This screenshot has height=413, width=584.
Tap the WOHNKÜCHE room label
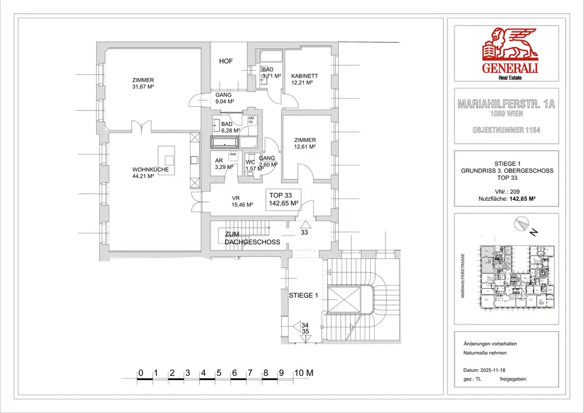pos(151,169)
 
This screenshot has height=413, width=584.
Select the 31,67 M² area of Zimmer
pos(144,87)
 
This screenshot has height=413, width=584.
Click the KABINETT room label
pos(304,76)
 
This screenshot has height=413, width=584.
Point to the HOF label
pos(226,61)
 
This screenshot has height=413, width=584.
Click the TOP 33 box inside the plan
pos(284,199)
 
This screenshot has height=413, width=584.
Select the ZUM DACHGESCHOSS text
pos(252,238)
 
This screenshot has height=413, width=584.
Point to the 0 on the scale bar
pos(140,373)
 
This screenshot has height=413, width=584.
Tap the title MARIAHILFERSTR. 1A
pos(506,104)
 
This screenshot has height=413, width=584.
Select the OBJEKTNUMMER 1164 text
pos(506,130)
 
